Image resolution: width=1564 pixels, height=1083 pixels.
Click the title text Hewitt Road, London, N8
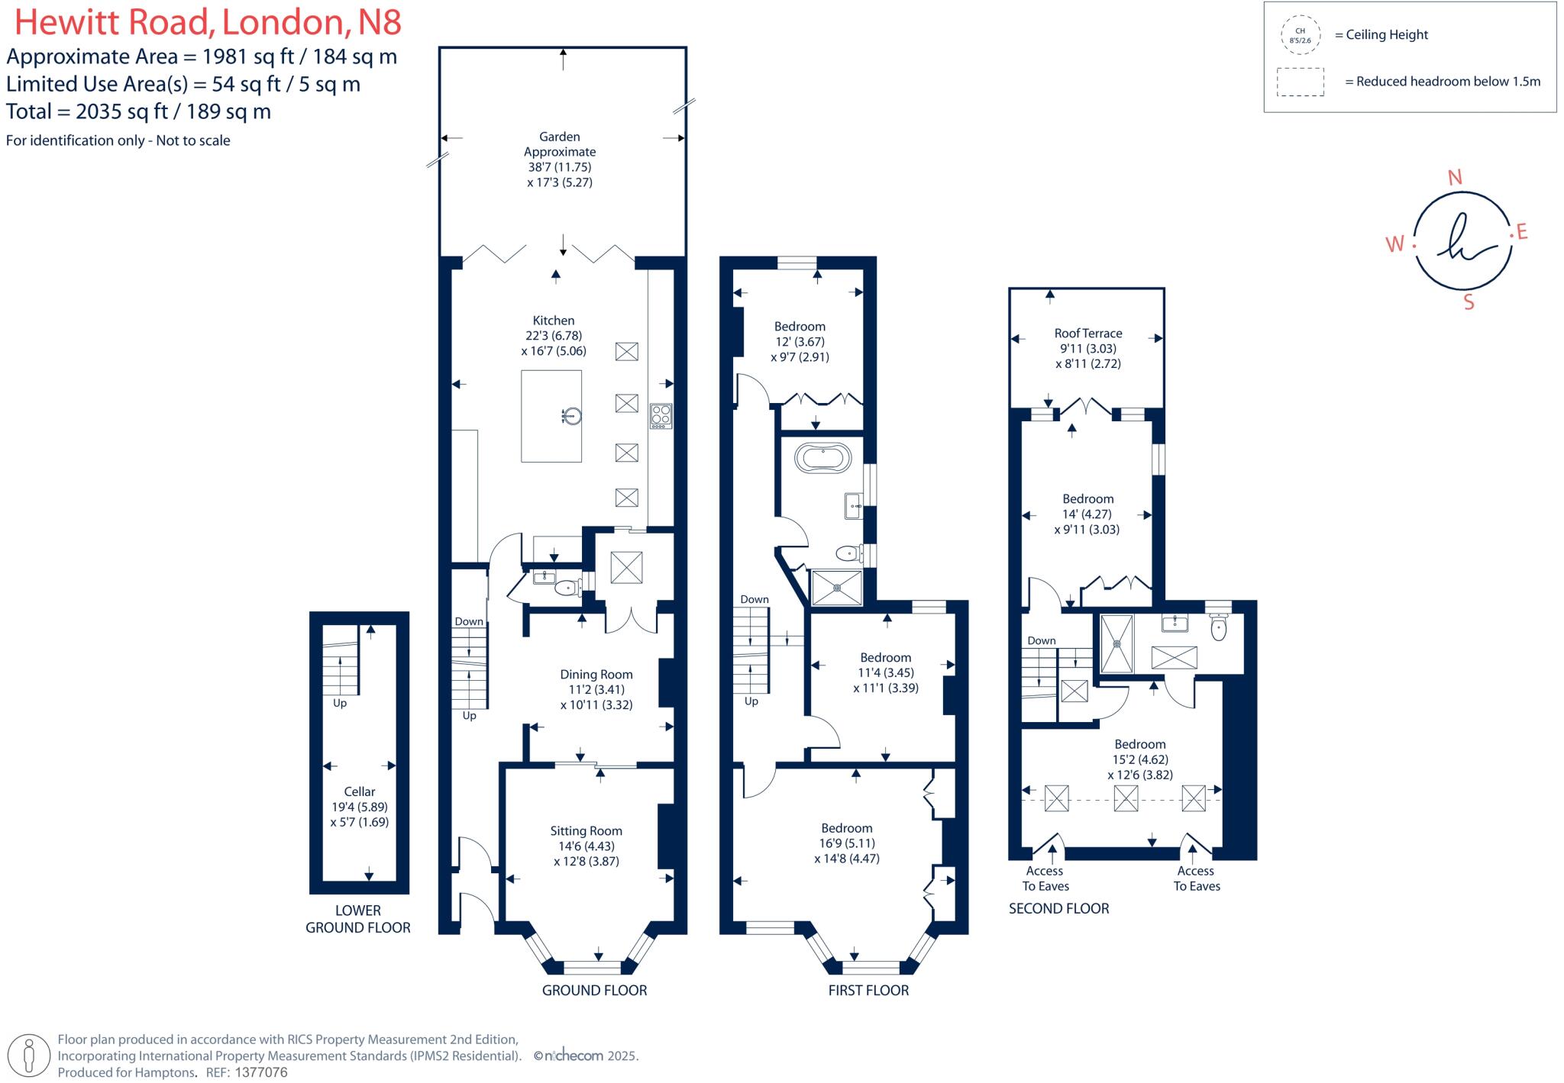coord(208,22)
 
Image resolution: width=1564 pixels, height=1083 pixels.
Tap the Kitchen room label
coord(554,321)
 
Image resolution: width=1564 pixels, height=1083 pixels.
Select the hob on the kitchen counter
coord(661,416)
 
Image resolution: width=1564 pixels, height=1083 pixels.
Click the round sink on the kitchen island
coord(572,416)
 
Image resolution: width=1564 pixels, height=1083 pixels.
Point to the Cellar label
coord(360,791)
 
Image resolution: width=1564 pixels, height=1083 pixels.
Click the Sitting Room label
coord(586,831)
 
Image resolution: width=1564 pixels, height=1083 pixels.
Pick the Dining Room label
coord(596,675)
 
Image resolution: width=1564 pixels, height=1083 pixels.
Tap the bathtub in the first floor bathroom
coord(822,459)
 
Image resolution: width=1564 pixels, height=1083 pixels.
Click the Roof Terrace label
coord(1088,334)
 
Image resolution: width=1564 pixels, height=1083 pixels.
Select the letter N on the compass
coord(1455,178)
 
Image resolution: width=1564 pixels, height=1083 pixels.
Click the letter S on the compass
coord(1469,302)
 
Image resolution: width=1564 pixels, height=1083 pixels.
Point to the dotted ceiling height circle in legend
coord(1301,35)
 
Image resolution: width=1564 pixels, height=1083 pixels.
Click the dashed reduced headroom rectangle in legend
coord(1301,82)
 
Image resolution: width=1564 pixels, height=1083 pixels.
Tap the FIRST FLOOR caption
coord(868,991)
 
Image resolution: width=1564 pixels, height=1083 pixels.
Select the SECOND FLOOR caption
coord(1058,908)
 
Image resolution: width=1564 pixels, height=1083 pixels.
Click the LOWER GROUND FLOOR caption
coord(358,919)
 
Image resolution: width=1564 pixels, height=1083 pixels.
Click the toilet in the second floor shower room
coord(1219,626)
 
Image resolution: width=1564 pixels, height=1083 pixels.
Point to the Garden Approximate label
coord(560,144)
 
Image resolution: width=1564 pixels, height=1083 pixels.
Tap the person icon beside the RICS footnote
coord(30,1056)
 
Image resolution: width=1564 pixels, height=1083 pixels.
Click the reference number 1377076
coord(261,1072)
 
